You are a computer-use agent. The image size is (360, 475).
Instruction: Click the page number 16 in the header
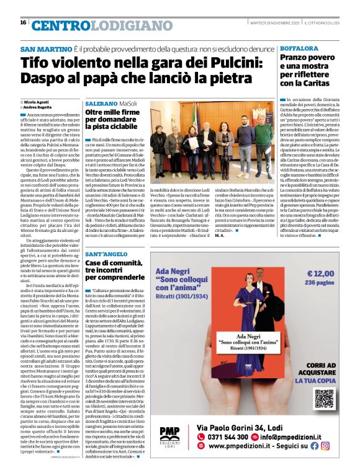23,23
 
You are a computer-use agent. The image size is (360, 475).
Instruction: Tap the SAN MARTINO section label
45,49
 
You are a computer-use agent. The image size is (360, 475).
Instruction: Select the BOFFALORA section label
301,48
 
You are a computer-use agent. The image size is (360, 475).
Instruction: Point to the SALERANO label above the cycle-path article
101,102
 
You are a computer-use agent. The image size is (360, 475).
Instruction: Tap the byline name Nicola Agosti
37,101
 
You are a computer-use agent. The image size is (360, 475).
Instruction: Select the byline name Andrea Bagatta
39,107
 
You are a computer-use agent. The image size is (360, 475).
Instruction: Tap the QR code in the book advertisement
324,399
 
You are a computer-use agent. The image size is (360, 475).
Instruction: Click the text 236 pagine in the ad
320,282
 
